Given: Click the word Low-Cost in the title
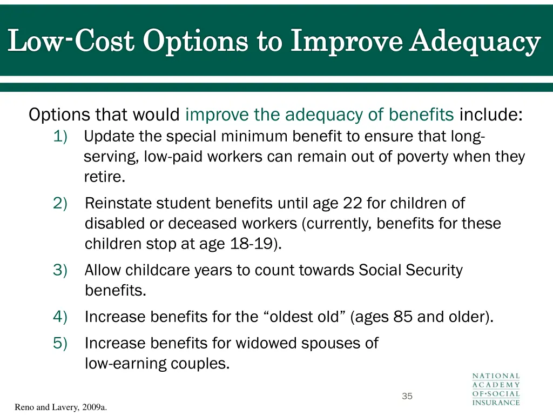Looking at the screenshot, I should tap(71, 42).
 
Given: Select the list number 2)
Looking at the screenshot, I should tap(60, 204).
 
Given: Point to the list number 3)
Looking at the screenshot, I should tap(60, 270).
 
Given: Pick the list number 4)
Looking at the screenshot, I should tap(60, 317).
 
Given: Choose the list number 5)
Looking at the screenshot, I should tap(60, 343).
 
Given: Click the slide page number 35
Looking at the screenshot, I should tap(407, 397).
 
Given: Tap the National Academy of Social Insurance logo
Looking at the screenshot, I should tap(496, 389).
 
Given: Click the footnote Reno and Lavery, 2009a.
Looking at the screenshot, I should tap(60, 407).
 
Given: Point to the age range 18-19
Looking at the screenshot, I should tap(251, 244).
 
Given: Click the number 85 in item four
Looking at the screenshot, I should tap(403, 317).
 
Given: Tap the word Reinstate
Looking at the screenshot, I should tap(118, 204).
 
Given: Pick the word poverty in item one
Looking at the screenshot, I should tap(424, 157).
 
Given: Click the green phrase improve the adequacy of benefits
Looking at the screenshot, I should tap(319, 115).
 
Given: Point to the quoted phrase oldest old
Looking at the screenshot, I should tap(305, 317).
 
